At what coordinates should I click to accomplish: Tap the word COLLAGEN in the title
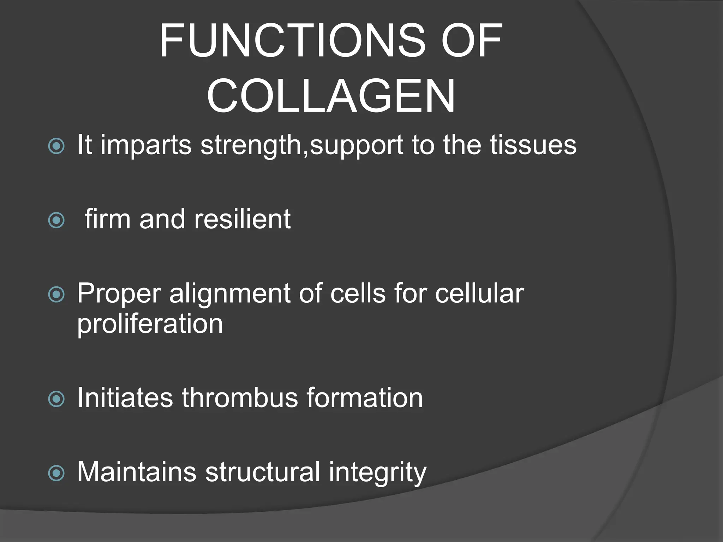pyautogui.click(x=331, y=96)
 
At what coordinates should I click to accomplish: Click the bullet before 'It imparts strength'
pyautogui.click(x=56, y=146)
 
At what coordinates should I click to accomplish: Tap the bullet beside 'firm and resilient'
pyautogui.click(x=56, y=220)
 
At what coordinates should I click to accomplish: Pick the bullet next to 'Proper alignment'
pyautogui.click(x=56, y=294)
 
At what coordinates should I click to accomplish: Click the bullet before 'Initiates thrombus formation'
pyautogui.click(x=56, y=399)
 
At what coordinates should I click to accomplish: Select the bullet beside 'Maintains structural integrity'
pyautogui.click(x=56, y=473)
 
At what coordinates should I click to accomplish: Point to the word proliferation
pyautogui.click(x=150, y=324)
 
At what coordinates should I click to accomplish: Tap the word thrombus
pyautogui.click(x=240, y=398)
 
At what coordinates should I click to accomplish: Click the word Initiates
pyautogui.click(x=125, y=398)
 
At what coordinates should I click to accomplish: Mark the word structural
pyautogui.click(x=262, y=472)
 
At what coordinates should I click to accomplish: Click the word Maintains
pyautogui.click(x=137, y=472)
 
